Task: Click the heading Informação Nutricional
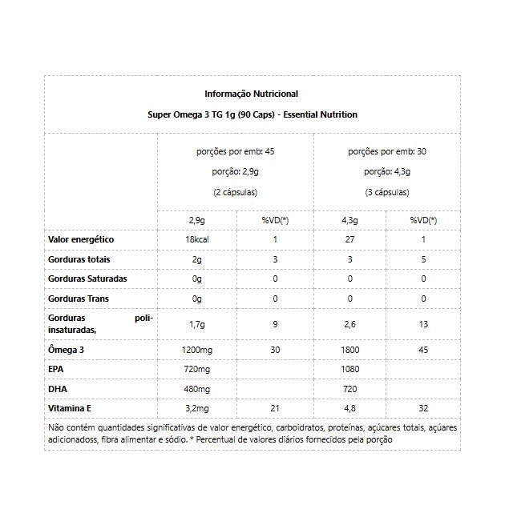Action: point(251,94)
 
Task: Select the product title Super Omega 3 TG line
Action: point(252,114)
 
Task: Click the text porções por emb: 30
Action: point(386,150)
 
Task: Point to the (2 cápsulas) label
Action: point(235,192)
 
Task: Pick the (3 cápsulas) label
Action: point(386,192)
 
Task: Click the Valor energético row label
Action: point(82,239)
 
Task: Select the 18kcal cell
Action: point(196,240)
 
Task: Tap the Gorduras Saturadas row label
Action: point(88,279)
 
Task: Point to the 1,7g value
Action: point(196,324)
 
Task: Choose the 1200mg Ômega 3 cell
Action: point(196,350)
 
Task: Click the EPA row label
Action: point(57,370)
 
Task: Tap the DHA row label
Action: point(58,389)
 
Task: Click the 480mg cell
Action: point(196,389)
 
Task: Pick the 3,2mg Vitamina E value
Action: point(196,409)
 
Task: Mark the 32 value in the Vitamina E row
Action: point(423,409)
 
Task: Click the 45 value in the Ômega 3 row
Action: point(423,350)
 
